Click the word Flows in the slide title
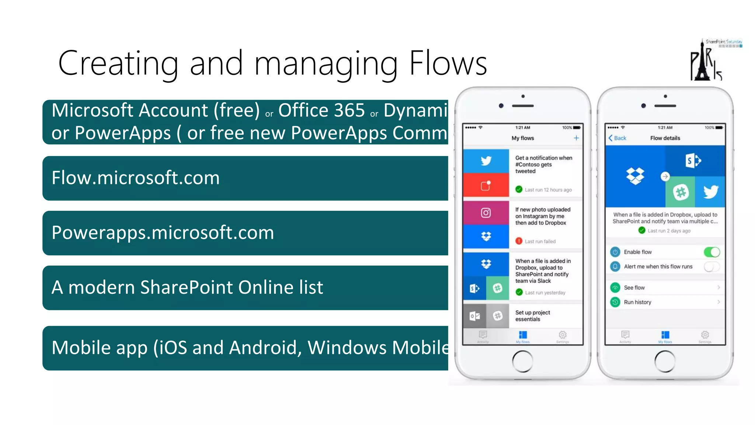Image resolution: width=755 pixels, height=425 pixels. (448, 63)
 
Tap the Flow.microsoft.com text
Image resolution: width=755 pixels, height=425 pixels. (136, 178)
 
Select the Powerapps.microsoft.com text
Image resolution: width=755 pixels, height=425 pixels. (163, 233)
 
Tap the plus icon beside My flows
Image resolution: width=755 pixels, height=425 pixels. (576, 138)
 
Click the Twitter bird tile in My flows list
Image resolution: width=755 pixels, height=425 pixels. (486, 161)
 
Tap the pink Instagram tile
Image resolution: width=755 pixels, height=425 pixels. (486, 213)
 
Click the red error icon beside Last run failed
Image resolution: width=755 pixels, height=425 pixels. (519, 241)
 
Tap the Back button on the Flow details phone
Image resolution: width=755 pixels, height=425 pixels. (617, 138)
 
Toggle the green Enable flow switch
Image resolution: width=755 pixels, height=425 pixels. (711, 252)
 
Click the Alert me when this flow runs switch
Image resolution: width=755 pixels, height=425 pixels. (711, 266)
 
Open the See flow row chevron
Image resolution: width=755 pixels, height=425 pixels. (719, 287)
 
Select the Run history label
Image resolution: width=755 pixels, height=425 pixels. (637, 302)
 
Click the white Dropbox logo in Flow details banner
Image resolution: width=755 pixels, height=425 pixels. (635, 176)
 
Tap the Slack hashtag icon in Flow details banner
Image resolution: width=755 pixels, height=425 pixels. (681, 192)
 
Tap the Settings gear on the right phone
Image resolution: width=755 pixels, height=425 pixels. (705, 335)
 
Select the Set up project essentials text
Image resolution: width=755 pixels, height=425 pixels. (532, 316)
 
